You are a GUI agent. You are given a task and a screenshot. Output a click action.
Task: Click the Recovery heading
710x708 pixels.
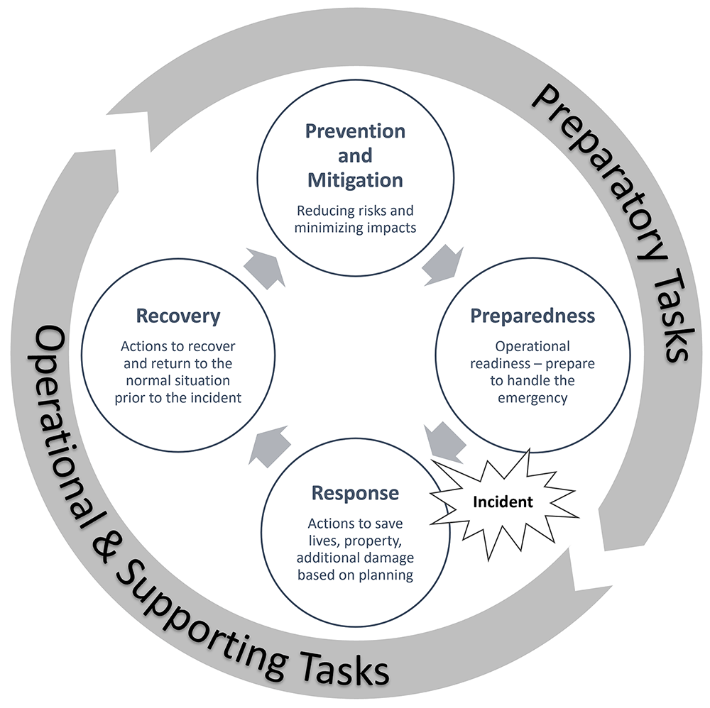[x=178, y=316]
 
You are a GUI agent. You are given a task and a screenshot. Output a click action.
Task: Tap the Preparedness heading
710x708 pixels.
[x=532, y=316]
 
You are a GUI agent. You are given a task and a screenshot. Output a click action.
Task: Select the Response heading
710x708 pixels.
[x=356, y=493]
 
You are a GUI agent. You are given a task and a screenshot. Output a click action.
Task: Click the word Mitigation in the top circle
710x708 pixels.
[x=356, y=180]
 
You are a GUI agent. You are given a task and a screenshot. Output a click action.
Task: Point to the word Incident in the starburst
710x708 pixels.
[x=503, y=502]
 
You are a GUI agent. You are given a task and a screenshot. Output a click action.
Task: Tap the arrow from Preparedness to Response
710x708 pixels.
[x=445, y=443]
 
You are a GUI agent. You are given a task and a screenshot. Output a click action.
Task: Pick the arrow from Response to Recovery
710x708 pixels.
[x=270, y=446]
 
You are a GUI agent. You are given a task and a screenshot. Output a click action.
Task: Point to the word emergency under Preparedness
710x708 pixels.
[x=532, y=399]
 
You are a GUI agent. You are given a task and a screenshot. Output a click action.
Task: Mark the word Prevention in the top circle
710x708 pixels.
[x=356, y=131]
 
